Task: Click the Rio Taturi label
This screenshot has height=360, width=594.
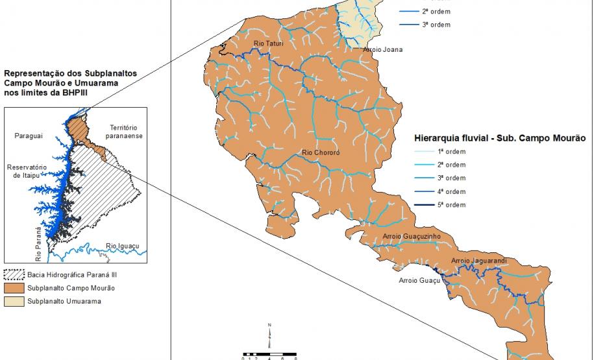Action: tap(268, 43)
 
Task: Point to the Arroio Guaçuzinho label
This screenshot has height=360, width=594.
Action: tap(412, 236)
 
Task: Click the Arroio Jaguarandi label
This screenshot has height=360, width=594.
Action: tap(478, 261)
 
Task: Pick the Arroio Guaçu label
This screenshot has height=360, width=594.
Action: tap(419, 280)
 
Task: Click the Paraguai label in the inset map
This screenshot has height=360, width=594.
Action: tap(28, 136)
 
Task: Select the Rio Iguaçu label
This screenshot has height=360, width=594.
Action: tap(121, 246)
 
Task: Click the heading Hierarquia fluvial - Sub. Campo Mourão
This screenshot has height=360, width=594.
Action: tap(500, 138)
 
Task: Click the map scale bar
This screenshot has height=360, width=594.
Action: tap(269, 354)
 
